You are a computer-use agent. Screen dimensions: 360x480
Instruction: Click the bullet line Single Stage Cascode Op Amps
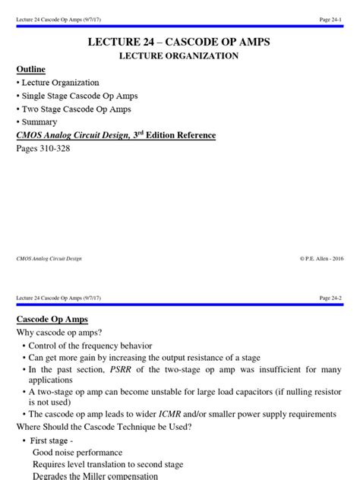tap(79, 96)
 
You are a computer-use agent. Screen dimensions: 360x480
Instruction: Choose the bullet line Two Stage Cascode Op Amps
tap(76, 109)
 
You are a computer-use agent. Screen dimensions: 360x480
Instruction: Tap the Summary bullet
tap(39, 122)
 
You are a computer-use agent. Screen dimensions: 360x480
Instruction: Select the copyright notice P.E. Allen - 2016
tap(322, 258)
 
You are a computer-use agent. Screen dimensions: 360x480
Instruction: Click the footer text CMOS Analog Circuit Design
tap(49, 258)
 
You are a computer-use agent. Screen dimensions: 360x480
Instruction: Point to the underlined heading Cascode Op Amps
tap(52, 319)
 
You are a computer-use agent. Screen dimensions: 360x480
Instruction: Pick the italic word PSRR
tap(122, 370)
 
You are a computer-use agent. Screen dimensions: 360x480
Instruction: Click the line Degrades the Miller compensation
tap(95, 476)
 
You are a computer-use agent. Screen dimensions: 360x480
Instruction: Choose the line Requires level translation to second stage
tap(107, 464)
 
